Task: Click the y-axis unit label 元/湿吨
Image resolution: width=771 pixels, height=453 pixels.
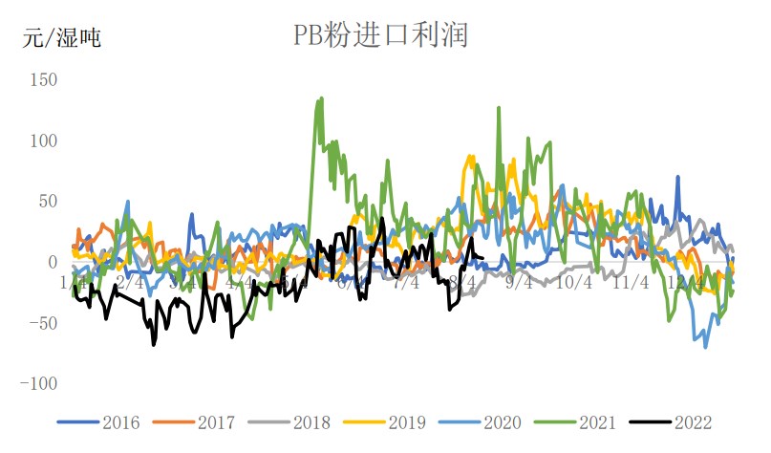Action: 62,39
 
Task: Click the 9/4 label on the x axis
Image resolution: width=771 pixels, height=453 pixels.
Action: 520,283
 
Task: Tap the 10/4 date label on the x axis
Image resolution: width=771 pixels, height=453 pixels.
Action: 575,283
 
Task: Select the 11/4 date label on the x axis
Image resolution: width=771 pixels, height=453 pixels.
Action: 632,283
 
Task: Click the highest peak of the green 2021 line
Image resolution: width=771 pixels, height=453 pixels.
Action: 321,97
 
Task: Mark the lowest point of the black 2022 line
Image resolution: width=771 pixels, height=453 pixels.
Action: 154,344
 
